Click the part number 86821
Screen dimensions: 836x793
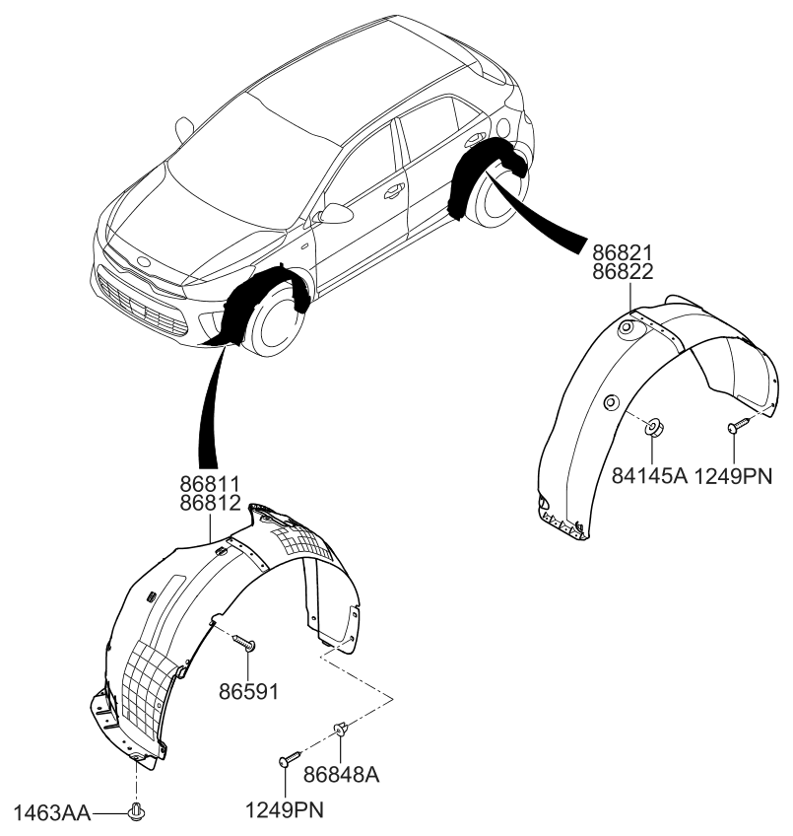624,252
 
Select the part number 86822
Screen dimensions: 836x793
624,272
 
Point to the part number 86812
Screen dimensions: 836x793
210,504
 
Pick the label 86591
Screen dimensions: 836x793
248,691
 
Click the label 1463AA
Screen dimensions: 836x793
52,813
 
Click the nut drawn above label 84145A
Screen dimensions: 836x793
653,427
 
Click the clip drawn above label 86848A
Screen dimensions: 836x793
342,731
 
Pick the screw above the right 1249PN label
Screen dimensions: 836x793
736,426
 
